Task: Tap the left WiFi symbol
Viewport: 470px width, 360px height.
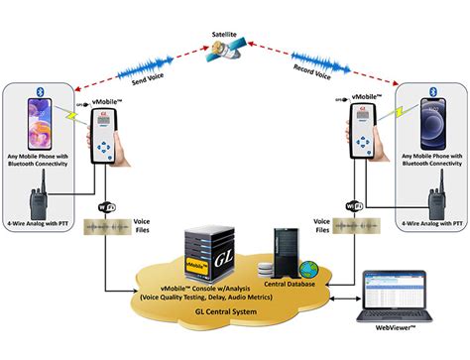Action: tap(107, 208)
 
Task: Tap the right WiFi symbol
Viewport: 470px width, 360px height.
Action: tap(353, 208)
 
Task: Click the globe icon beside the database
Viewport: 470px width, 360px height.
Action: tap(308, 269)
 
